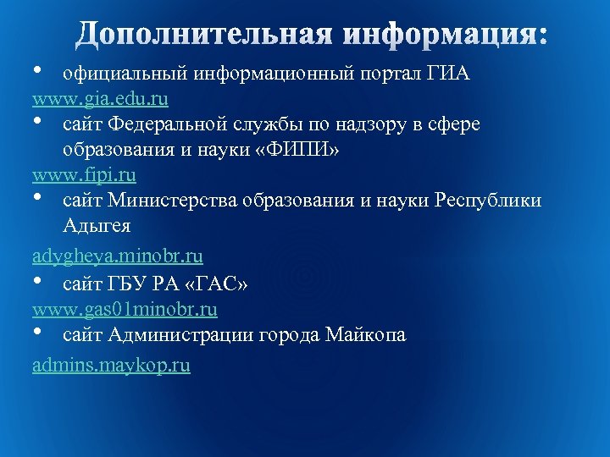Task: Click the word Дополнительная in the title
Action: [202, 36]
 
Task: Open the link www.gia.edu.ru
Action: [100, 100]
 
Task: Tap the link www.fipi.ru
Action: [84, 176]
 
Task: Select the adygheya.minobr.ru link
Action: [118, 255]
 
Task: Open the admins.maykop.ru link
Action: [111, 366]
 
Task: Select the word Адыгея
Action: [97, 227]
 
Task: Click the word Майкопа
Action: [365, 335]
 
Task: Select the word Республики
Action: [487, 201]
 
